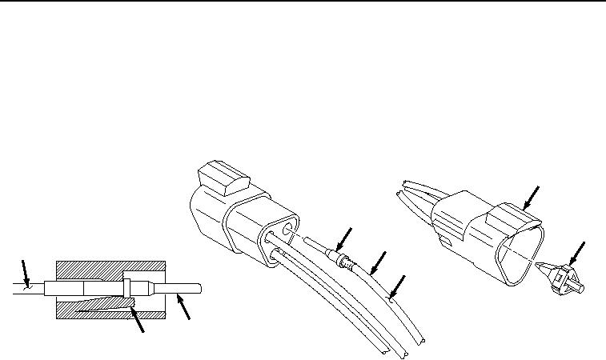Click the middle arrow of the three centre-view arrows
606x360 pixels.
[377, 261]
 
